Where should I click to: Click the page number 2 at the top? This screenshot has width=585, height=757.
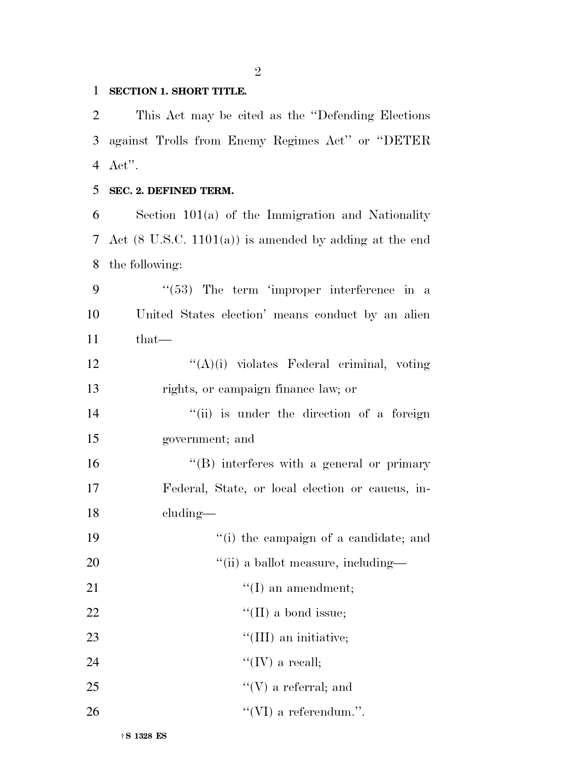[257, 72]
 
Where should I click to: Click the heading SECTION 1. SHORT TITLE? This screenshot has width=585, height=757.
[178, 91]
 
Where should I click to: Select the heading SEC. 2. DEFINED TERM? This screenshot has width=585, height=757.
[171, 191]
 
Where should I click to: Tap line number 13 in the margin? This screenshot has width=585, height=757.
[93, 389]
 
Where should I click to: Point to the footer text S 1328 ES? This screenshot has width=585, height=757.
[146, 736]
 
